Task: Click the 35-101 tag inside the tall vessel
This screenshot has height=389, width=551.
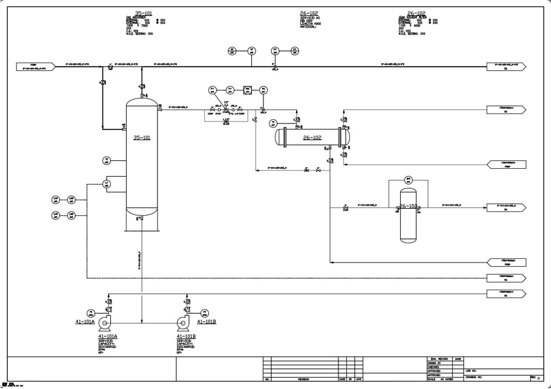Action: point(142,138)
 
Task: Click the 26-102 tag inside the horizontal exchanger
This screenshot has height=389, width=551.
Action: point(312,137)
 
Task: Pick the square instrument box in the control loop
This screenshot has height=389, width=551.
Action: point(247,90)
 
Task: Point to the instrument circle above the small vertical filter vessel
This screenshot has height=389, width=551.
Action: point(408,180)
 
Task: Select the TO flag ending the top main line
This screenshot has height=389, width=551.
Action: point(506,66)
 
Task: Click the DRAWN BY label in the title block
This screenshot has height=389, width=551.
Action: point(434,363)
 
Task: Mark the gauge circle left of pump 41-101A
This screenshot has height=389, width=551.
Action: point(90,313)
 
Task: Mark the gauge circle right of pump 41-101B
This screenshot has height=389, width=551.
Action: point(204,313)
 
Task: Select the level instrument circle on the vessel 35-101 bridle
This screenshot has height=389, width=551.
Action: point(107,183)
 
